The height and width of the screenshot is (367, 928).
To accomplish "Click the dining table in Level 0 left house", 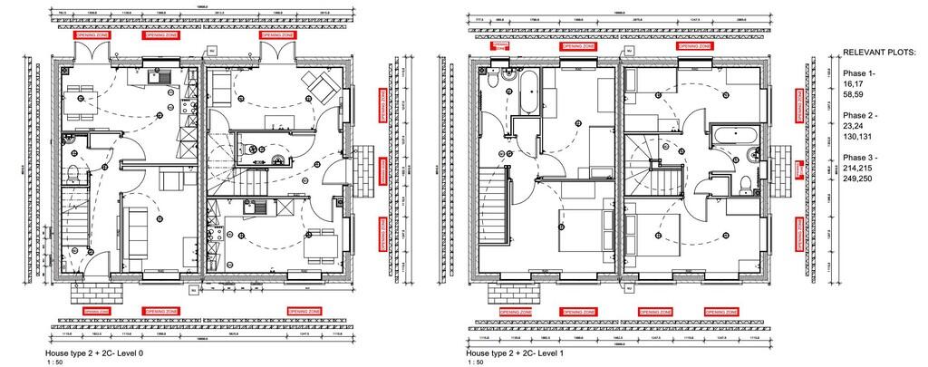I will pos(82,97).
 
